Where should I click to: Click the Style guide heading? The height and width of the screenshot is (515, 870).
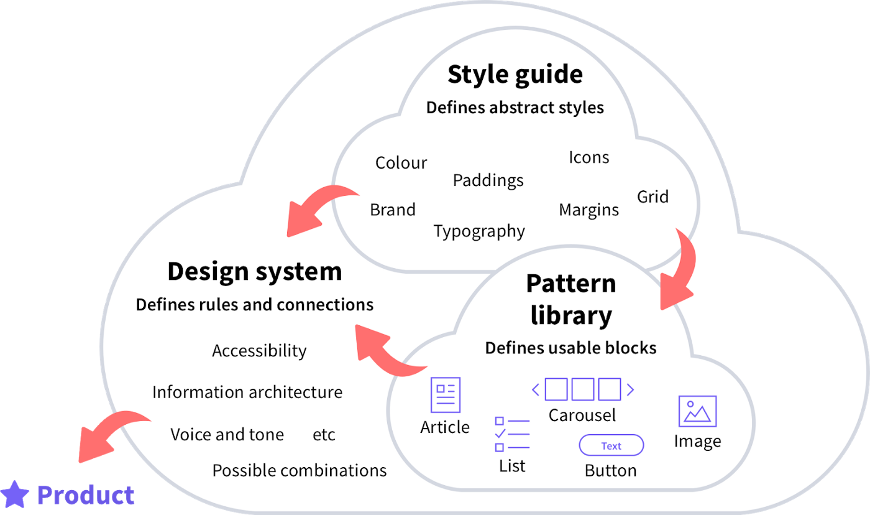[x=515, y=75]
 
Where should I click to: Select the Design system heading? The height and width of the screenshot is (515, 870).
[x=255, y=272]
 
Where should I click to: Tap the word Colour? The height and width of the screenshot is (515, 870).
[x=401, y=163]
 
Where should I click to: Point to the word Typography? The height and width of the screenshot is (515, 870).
[x=479, y=231]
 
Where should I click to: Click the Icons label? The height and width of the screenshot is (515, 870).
[x=588, y=158]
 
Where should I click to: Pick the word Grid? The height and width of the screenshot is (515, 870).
[x=653, y=197]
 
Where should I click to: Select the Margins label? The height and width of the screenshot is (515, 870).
[x=588, y=210]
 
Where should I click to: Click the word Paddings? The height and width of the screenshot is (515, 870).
[x=488, y=180]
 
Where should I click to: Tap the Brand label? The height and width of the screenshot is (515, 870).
[x=392, y=210]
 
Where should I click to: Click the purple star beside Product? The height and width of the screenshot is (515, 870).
[x=15, y=494]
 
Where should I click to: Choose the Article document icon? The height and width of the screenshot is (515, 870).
[x=446, y=394]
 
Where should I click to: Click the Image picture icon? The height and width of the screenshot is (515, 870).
[x=697, y=411]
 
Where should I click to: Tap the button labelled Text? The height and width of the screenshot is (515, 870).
[x=611, y=445]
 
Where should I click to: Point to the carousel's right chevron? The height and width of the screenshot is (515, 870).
[x=630, y=390]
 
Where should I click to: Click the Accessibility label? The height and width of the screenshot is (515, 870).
[x=259, y=351]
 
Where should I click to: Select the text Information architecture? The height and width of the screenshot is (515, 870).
[x=247, y=392]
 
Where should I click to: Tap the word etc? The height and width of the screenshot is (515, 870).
[x=324, y=435]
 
